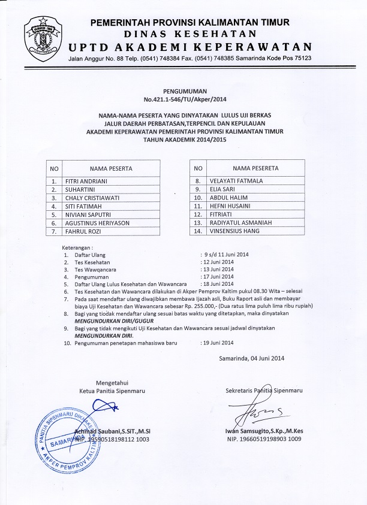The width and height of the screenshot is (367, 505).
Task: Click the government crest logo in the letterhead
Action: [x=44, y=39]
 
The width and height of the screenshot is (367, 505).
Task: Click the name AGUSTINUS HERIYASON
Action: [x=96, y=222]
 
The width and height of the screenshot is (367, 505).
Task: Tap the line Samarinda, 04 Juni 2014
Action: [x=252, y=358]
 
